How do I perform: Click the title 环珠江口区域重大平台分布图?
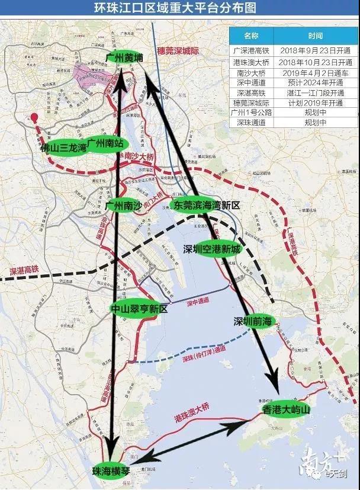point(180,9)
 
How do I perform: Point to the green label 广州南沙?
point(124,205)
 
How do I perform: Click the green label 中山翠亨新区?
point(140,309)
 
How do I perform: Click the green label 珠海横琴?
point(110,472)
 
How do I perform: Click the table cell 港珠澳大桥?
point(251,62)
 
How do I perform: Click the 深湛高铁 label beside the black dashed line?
point(24,270)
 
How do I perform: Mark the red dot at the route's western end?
point(35,117)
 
